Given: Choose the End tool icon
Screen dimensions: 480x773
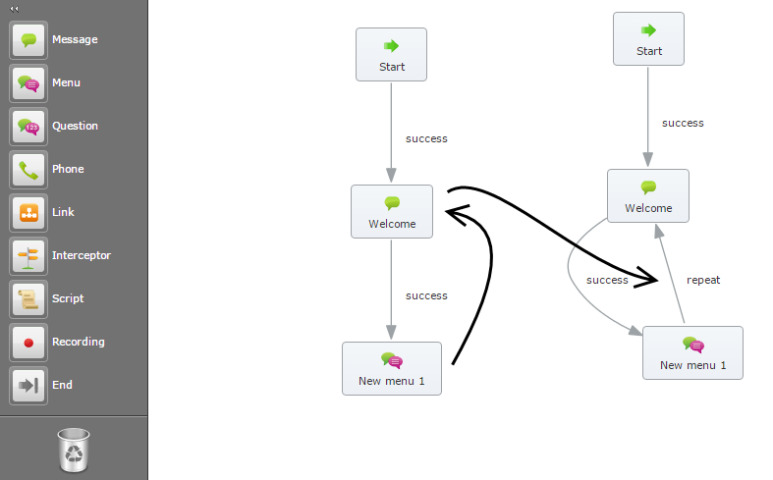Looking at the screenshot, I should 28,386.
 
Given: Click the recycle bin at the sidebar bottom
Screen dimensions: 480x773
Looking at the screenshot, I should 75,450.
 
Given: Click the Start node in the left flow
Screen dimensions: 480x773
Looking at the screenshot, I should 391,54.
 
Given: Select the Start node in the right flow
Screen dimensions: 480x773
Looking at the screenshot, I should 648,38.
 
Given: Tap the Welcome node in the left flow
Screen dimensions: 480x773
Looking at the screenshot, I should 392,211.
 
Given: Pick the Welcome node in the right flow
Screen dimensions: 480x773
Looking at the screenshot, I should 648,195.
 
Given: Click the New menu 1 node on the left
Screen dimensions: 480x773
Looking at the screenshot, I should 392,368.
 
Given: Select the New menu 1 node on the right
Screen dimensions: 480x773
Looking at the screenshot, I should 692,352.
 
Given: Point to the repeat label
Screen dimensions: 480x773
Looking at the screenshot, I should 703,280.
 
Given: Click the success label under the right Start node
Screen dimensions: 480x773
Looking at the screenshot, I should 683,123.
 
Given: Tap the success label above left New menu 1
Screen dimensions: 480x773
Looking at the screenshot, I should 426,295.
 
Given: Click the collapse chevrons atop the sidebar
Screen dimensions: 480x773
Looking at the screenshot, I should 15,8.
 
